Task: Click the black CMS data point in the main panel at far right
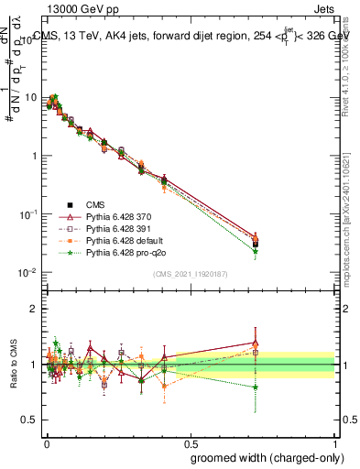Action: click(x=256, y=243)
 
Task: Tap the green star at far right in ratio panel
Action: click(x=256, y=387)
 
